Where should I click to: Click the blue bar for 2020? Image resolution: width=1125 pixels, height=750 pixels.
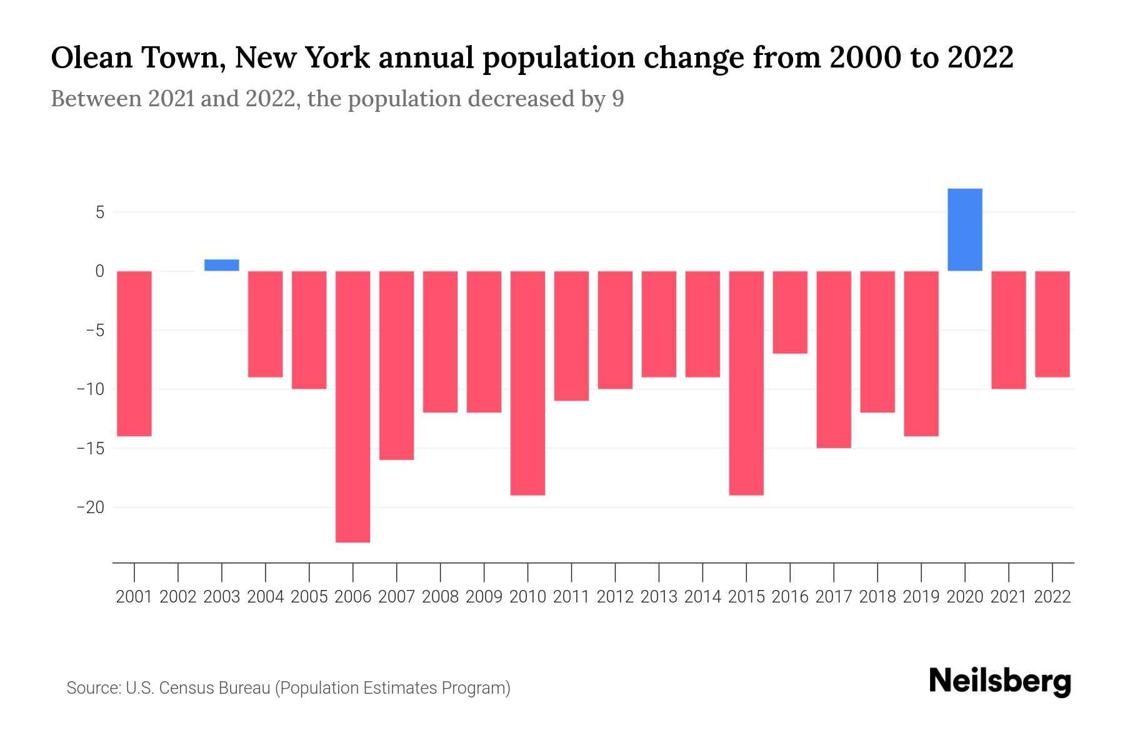(x=965, y=229)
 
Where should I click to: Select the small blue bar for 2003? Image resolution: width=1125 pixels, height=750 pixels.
(x=222, y=265)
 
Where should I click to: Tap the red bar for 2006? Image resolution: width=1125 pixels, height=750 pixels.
(x=353, y=406)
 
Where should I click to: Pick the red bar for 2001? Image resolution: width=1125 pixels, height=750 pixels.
(x=134, y=353)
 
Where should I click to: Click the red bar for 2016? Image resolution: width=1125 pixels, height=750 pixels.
(x=790, y=312)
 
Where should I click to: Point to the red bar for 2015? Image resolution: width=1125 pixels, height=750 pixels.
(x=746, y=382)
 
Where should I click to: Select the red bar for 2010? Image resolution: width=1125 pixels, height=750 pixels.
(x=528, y=382)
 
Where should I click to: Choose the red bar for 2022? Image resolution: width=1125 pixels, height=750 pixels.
(x=1052, y=324)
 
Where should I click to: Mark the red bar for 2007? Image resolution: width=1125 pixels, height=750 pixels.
(x=397, y=365)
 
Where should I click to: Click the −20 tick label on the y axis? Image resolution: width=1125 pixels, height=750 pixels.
(x=91, y=507)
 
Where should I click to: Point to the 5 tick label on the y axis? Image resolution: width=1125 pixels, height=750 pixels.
(x=99, y=212)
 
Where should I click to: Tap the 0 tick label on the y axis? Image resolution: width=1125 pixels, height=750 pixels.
(x=99, y=271)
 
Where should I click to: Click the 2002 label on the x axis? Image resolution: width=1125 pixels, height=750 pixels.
(x=178, y=597)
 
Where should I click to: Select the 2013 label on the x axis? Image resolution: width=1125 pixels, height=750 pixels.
(x=659, y=597)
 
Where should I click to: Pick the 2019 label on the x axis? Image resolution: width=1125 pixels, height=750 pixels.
(x=921, y=597)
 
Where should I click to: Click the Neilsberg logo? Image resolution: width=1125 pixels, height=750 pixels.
(x=1000, y=682)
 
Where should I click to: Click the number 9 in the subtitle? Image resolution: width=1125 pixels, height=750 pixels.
(x=617, y=99)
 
